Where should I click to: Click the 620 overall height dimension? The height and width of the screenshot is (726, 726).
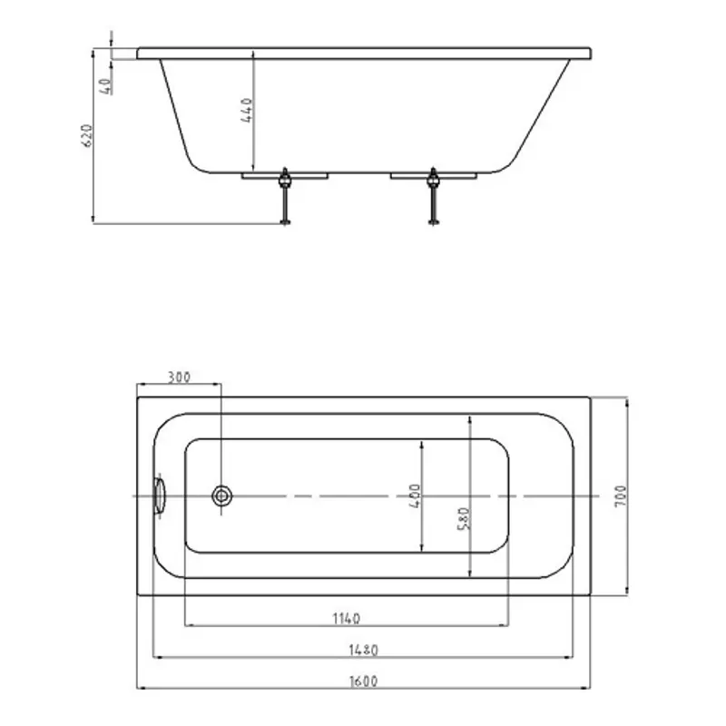coord(87,135)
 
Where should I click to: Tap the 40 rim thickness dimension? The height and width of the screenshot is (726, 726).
coord(106,86)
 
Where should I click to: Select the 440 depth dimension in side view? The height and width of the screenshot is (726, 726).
coord(247,110)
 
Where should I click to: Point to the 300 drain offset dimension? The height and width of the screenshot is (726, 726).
coord(179,378)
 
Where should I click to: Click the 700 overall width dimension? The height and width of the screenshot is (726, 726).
coord(620,495)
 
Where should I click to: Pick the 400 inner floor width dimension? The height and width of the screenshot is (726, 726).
coord(415,496)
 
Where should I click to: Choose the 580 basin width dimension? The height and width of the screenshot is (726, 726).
coord(464,519)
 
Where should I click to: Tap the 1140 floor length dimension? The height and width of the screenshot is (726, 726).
coord(347,618)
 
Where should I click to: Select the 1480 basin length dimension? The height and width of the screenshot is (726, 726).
coord(364,650)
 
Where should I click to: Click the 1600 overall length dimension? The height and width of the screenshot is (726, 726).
coord(364,682)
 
